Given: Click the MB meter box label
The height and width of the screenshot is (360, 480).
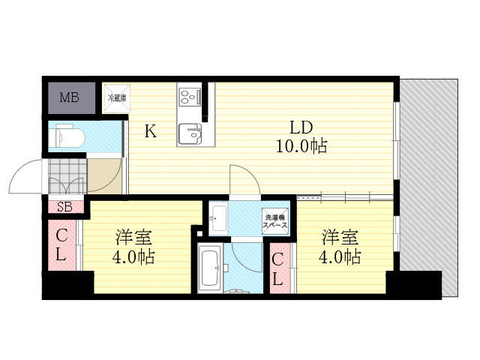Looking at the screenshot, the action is coord(69,97).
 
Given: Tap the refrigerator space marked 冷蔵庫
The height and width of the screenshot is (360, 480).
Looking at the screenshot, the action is coord(116,98).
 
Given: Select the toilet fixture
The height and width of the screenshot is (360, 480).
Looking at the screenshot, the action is coord(67,136).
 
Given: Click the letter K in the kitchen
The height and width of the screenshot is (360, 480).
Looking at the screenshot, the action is coord(150,132).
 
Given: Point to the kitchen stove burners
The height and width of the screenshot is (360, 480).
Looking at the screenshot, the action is coord(190,96).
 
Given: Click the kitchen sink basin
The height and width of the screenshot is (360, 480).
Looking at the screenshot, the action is coord(190,133).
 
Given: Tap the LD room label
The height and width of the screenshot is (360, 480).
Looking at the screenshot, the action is coord(301,127).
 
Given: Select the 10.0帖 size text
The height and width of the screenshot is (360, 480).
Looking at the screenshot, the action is coord(301,145).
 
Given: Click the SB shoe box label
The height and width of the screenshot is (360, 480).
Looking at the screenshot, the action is coord(65,207).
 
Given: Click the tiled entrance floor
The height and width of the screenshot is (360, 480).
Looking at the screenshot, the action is coord(67,176).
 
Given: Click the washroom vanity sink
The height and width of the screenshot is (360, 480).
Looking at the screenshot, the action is coord(218,218).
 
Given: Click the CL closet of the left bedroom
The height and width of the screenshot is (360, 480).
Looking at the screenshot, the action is coord(61,245).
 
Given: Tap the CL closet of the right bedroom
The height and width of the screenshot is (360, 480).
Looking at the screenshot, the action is coord(277,268).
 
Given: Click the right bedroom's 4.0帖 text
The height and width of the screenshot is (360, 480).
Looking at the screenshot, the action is coord(340,256).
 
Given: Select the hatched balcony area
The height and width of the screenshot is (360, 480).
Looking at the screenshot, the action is coord(428,187).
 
